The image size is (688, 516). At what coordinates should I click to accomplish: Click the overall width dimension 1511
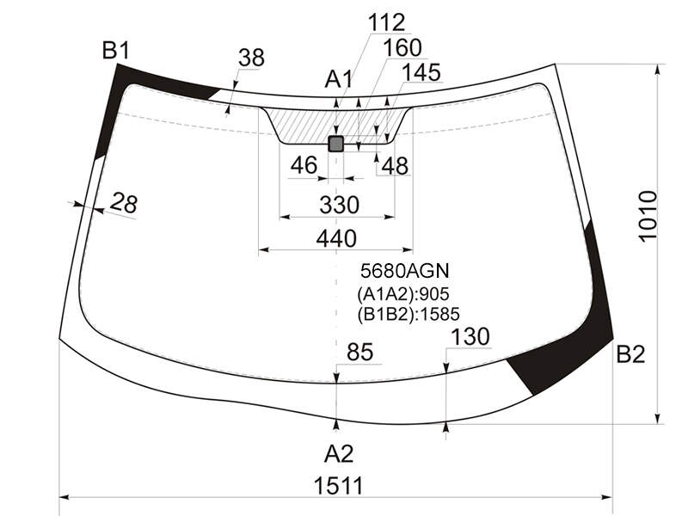click(x=339, y=486)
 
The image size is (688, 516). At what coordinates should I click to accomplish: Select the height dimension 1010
click(x=648, y=216)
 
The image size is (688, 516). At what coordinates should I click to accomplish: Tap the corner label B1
click(x=116, y=51)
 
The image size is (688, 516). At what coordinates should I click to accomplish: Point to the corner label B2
click(x=630, y=354)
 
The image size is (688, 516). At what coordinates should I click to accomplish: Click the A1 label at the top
click(x=339, y=80)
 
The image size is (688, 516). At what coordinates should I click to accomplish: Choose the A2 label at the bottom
click(x=339, y=454)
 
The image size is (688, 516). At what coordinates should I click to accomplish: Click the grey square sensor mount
click(x=336, y=144)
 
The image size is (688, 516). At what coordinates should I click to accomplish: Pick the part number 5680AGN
click(x=405, y=271)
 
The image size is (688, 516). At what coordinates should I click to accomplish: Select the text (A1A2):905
click(x=403, y=294)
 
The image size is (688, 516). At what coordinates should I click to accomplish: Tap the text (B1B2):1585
click(x=408, y=314)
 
